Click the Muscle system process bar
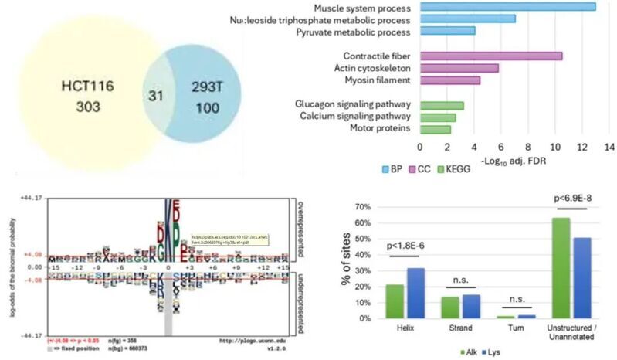pos(507,7)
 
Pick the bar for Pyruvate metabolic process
pos(447,31)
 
